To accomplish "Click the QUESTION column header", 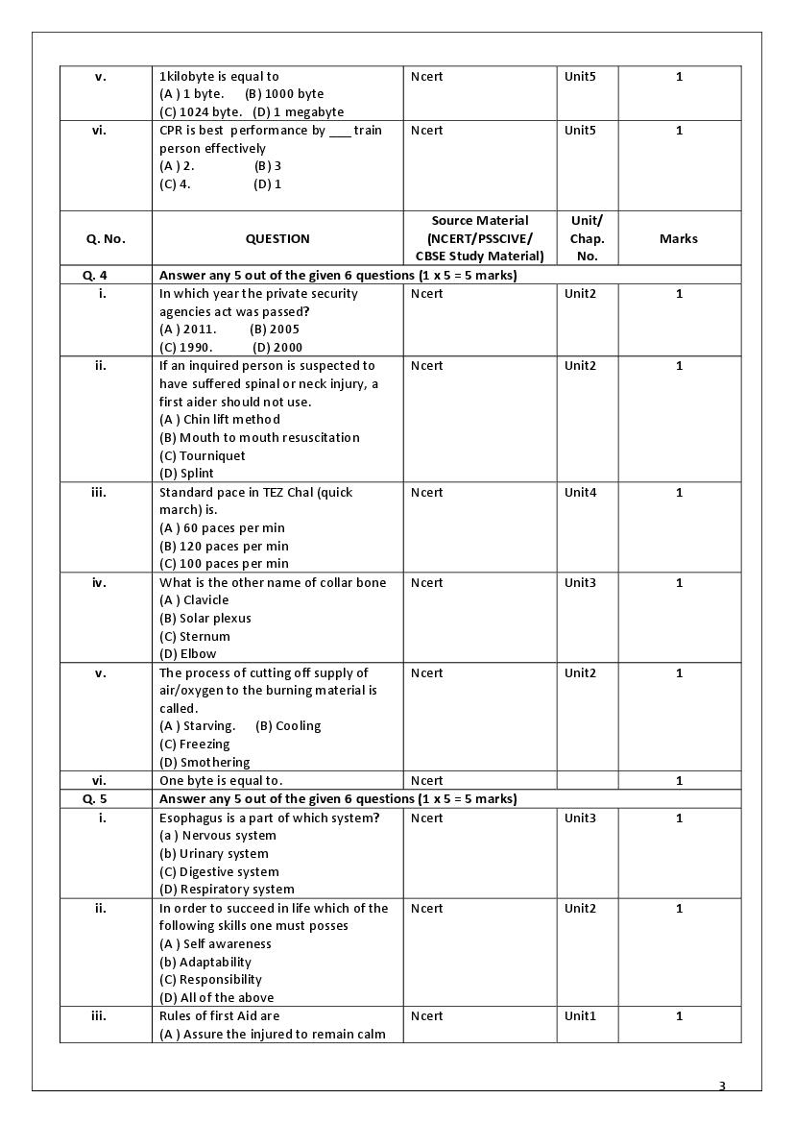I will point(277,238).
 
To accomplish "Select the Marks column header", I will point(679,238).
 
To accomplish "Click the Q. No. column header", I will point(106,238).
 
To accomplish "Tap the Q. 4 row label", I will point(95,276).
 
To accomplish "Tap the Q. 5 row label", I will point(95,799).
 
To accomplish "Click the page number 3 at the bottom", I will point(722,1086).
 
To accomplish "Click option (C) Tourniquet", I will point(203,456).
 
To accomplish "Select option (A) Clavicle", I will point(194,600).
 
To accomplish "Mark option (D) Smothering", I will point(205,763).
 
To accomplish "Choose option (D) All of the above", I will point(216,998).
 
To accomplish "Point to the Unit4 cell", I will point(580,493).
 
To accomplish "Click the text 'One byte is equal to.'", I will point(221,781).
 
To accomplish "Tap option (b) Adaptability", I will point(205,963).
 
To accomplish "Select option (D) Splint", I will point(186,474).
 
